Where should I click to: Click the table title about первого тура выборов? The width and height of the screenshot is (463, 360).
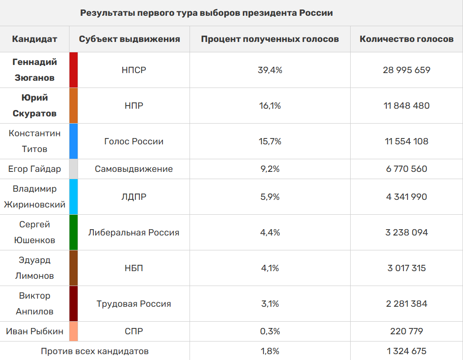click(x=206, y=13)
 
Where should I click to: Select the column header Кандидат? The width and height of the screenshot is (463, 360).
click(x=35, y=39)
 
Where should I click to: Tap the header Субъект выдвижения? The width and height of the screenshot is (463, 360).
click(x=130, y=39)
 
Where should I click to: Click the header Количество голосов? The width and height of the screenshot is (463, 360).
click(x=406, y=39)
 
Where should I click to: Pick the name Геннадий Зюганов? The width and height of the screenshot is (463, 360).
click(x=35, y=70)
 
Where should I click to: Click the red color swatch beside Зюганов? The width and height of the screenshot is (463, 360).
click(x=74, y=70)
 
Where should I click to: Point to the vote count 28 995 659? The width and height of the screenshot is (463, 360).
click(x=406, y=70)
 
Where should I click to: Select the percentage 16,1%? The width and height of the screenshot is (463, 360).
click(x=270, y=106)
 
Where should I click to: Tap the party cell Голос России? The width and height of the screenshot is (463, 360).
click(x=134, y=141)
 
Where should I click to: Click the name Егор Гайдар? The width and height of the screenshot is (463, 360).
click(x=35, y=169)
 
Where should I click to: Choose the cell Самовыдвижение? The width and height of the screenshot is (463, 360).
click(x=134, y=169)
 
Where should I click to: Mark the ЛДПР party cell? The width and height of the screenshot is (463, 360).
click(x=134, y=197)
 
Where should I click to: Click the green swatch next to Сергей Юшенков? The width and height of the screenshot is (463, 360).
click(x=74, y=232)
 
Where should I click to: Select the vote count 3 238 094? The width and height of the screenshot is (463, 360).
click(x=406, y=232)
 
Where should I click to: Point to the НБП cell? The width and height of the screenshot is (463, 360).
click(x=134, y=268)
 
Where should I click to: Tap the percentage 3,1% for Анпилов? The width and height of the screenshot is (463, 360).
click(x=270, y=304)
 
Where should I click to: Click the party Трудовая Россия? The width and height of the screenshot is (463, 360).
click(x=134, y=304)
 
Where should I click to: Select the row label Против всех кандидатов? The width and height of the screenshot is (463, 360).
click(x=95, y=351)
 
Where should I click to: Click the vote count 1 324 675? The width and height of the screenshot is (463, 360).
click(x=406, y=351)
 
